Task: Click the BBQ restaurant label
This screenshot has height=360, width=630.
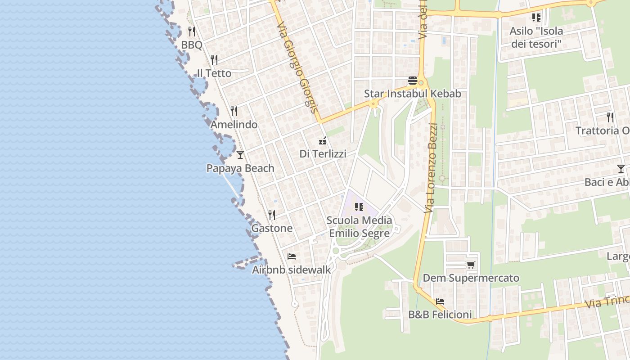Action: tap(191, 45)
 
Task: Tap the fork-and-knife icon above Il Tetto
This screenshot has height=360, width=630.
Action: tap(214, 59)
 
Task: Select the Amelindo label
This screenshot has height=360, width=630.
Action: tap(234, 125)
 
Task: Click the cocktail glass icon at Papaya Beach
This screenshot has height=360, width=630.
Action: tap(240, 154)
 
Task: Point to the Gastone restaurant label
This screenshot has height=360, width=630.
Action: tap(272, 228)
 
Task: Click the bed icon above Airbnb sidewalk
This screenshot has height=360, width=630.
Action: tap(292, 256)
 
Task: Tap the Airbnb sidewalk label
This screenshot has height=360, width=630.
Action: tap(291, 270)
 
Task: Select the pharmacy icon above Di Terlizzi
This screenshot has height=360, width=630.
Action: tap(323, 141)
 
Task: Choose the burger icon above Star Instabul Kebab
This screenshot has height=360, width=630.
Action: tap(413, 81)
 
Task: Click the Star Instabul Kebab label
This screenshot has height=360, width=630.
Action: tap(413, 94)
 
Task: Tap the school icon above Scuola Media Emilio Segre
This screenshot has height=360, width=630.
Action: tap(359, 207)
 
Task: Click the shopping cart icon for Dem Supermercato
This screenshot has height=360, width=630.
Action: tap(471, 265)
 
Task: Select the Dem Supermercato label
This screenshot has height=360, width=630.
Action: tap(471, 278)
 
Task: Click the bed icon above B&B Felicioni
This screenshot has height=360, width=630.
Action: tap(440, 301)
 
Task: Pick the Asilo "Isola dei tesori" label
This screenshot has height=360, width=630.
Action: tap(536, 37)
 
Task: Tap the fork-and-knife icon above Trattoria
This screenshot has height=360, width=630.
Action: tap(610, 117)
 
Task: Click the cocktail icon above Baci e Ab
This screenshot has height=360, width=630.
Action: tap(621, 169)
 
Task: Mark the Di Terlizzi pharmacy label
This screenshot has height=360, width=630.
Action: tap(323, 154)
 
